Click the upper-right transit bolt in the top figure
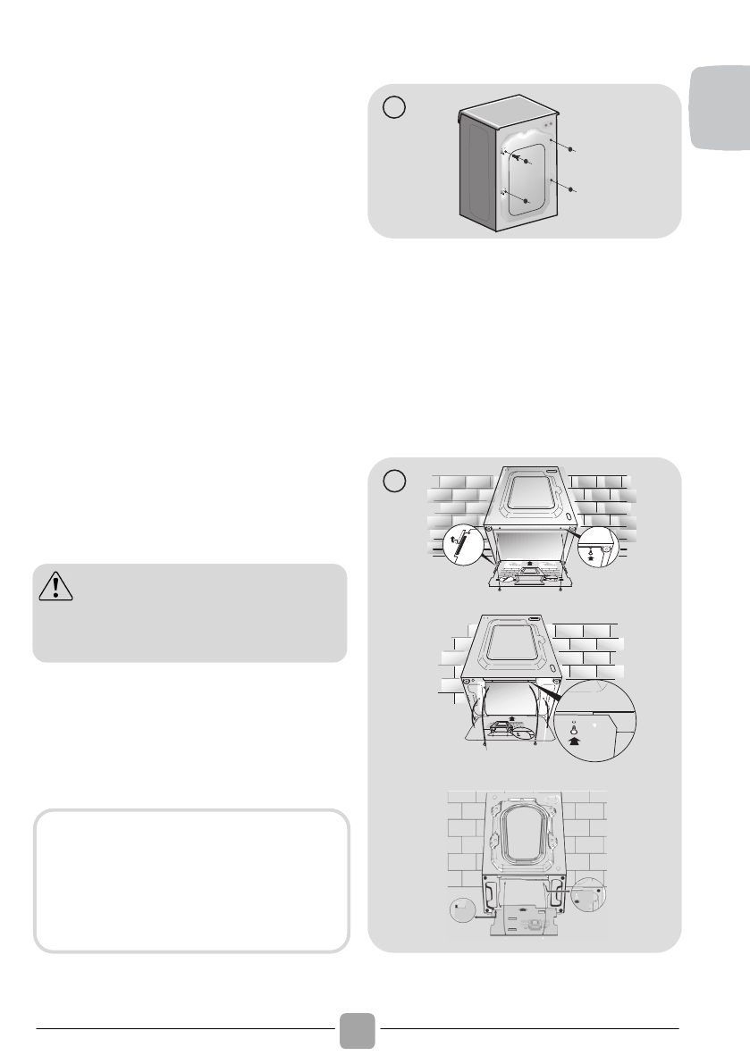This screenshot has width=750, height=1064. coord(570,148)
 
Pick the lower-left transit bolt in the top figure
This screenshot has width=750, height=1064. coord(527,201)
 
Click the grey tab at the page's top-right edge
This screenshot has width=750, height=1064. coord(721,111)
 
